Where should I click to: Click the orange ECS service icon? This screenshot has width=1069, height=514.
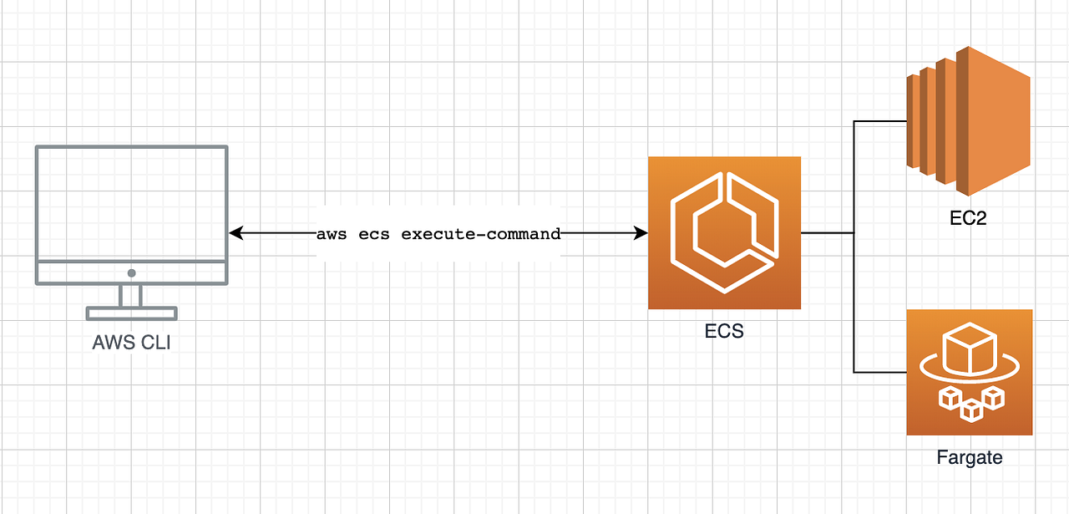(724, 233)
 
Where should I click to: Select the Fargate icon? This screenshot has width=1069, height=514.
(969, 372)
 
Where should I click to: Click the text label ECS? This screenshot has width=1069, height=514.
(724, 332)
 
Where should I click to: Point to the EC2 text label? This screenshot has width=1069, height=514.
(969, 219)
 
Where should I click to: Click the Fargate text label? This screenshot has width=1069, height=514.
(969, 457)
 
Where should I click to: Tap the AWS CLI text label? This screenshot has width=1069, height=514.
(131, 342)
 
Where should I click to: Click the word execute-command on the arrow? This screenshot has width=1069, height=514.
(481, 234)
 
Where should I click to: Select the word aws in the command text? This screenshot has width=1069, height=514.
(332, 234)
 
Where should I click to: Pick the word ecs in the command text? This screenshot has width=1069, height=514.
(373, 234)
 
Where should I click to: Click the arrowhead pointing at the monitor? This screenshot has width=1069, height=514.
(235, 234)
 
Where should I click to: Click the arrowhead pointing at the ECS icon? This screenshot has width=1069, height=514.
(642, 234)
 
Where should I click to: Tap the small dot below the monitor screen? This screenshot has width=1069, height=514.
(131, 273)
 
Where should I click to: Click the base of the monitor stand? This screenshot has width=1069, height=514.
(131, 314)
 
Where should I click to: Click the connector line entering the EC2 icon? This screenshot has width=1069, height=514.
(881, 122)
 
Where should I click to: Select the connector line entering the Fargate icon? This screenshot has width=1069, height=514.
(880, 372)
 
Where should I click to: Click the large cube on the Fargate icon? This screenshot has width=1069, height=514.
(969, 349)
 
